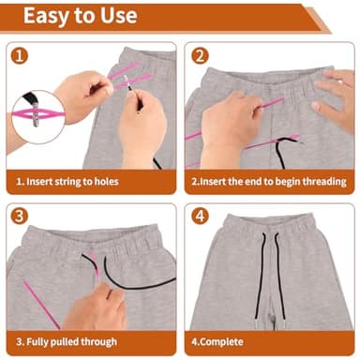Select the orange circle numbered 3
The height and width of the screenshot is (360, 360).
(x=20, y=217)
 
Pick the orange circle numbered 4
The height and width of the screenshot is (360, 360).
(x=200, y=217)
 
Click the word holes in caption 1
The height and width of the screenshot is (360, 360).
(x=103, y=181)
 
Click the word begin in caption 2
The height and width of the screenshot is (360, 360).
(x=282, y=181)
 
